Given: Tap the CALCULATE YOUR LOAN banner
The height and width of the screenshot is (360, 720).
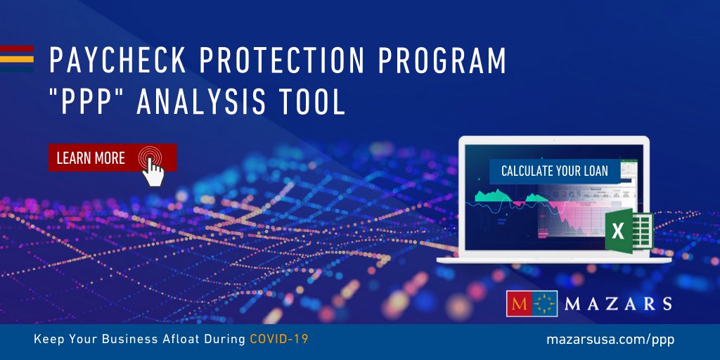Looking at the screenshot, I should (x=554, y=170).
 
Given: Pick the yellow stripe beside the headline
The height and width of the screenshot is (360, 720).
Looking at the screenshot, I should (x=16, y=59).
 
